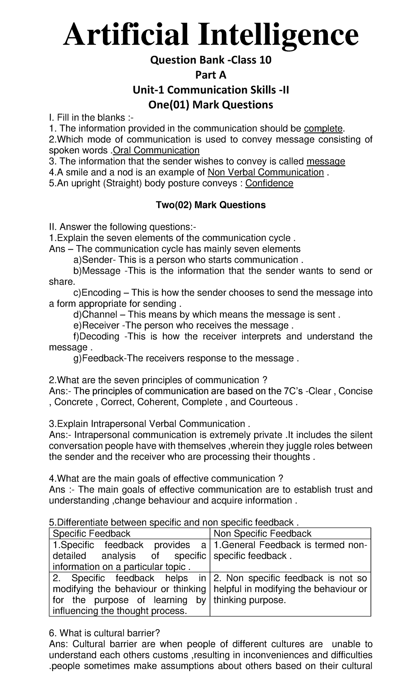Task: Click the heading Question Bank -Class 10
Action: (x=210, y=60)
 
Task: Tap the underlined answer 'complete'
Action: (x=323, y=129)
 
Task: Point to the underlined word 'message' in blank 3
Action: (x=326, y=162)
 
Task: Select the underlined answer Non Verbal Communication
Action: (x=265, y=172)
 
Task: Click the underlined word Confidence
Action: (x=269, y=183)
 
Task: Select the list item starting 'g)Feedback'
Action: (x=185, y=358)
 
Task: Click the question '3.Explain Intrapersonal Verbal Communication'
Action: (x=149, y=424)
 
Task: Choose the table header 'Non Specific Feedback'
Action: (x=262, y=534)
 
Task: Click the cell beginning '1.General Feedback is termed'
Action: (x=290, y=550)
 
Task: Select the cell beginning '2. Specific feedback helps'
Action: (x=129, y=594)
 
